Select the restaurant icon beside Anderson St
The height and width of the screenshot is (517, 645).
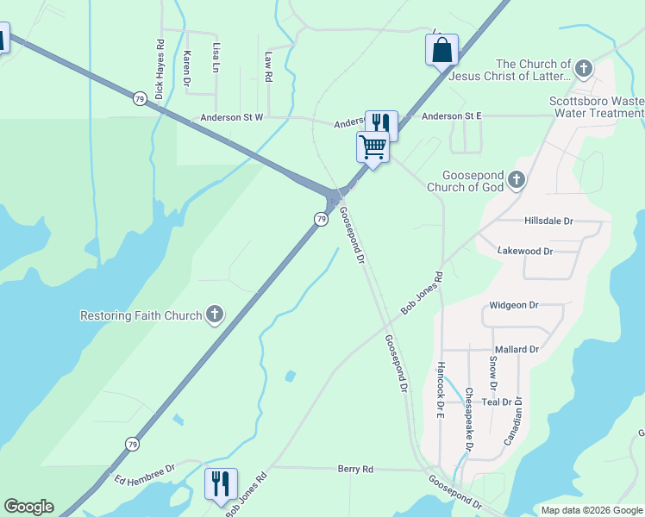(381, 124)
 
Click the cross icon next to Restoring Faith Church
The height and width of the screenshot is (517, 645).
(215, 315)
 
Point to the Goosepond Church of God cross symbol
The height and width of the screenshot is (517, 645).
(517, 180)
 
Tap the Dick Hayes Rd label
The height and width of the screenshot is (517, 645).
(160, 68)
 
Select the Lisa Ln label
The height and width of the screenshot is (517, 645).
(216, 55)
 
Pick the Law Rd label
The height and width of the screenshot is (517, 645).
(269, 66)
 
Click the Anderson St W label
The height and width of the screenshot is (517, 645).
(232, 118)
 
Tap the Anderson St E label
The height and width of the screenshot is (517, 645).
(451, 115)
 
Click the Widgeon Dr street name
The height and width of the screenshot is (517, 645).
(513, 305)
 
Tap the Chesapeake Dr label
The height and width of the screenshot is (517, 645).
(468, 419)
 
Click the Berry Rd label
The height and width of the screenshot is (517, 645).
(355, 470)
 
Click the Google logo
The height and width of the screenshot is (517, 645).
(28, 507)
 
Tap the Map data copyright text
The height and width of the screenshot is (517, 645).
(592, 510)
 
